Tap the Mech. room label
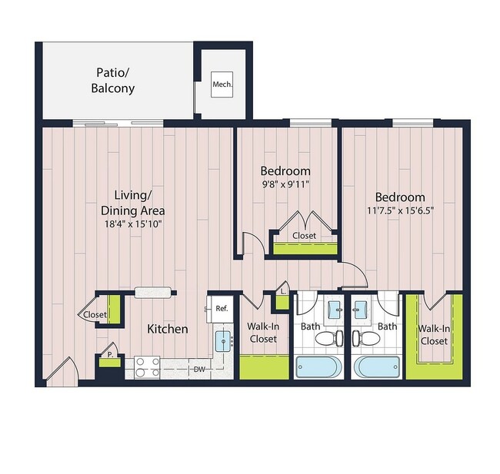[x=222, y=84]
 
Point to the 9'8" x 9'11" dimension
[x=285, y=184]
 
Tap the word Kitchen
[x=168, y=329]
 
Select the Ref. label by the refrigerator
[x=222, y=308]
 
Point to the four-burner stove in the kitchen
[x=147, y=366]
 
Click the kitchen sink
[x=222, y=340]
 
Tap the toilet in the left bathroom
[x=326, y=339]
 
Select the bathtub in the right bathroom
[x=376, y=366]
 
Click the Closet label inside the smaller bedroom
[x=305, y=236]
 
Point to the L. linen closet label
[x=283, y=291]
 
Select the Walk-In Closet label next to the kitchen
[x=262, y=332]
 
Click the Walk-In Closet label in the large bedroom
[x=434, y=334]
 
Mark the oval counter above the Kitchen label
[x=152, y=292]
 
